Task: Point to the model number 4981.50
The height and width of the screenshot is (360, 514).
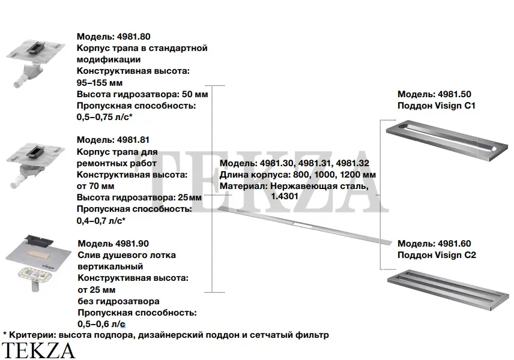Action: (x=455, y=94)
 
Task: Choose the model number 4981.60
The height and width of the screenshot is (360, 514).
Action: (x=455, y=244)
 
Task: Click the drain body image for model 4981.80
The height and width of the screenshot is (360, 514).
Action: (x=35, y=63)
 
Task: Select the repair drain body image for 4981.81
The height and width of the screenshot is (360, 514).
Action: (x=35, y=166)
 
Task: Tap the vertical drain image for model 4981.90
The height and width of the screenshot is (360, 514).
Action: (x=38, y=263)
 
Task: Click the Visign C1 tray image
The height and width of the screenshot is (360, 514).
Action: (x=447, y=140)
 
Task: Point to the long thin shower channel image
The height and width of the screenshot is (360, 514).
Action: (x=304, y=226)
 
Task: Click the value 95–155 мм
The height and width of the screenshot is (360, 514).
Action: (x=100, y=83)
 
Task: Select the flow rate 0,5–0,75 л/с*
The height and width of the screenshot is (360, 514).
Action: (x=104, y=117)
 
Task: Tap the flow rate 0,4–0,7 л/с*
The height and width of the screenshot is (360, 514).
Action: (x=101, y=221)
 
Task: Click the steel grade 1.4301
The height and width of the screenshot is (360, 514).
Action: (x=285, y=196)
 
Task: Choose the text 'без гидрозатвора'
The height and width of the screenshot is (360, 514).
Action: (x=119, y=301)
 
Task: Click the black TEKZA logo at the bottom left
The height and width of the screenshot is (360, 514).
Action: (x=38, y=350)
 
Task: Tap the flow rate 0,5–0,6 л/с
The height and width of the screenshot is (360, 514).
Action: (x=101, y=324)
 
